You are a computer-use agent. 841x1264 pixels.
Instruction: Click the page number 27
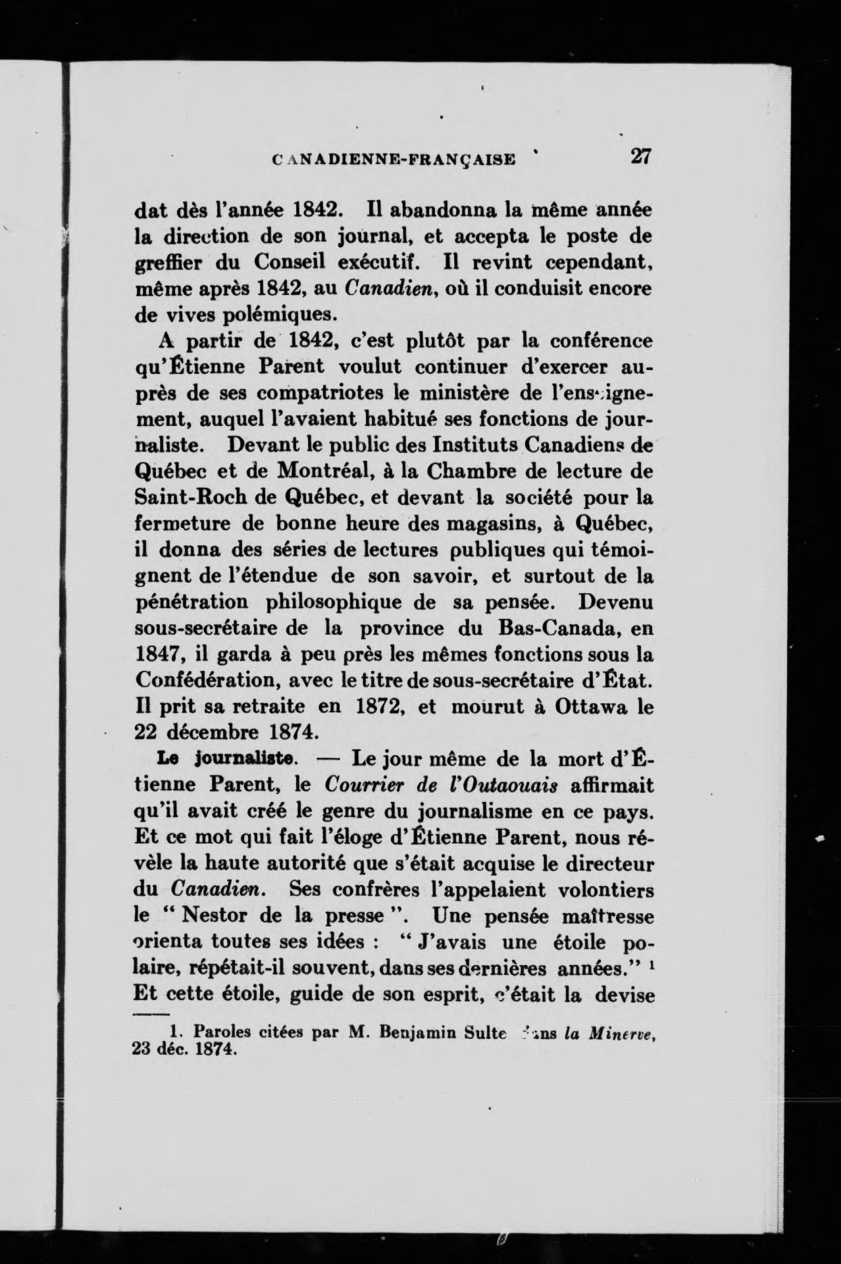[x=640, y=156]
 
